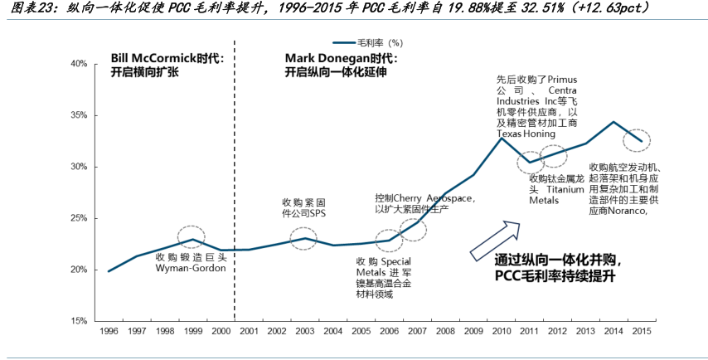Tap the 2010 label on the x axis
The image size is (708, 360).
(x=502, y=332)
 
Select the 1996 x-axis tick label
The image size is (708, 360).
(x=108, y=332)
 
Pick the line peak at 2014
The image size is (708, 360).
(x=613, y=122)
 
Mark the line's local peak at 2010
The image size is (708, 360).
(x=502, y=138)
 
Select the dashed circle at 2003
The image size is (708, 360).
(x=304, y=239)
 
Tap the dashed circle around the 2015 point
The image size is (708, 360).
(x=637, y=141)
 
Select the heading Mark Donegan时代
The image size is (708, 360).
(x=340, y=59)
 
